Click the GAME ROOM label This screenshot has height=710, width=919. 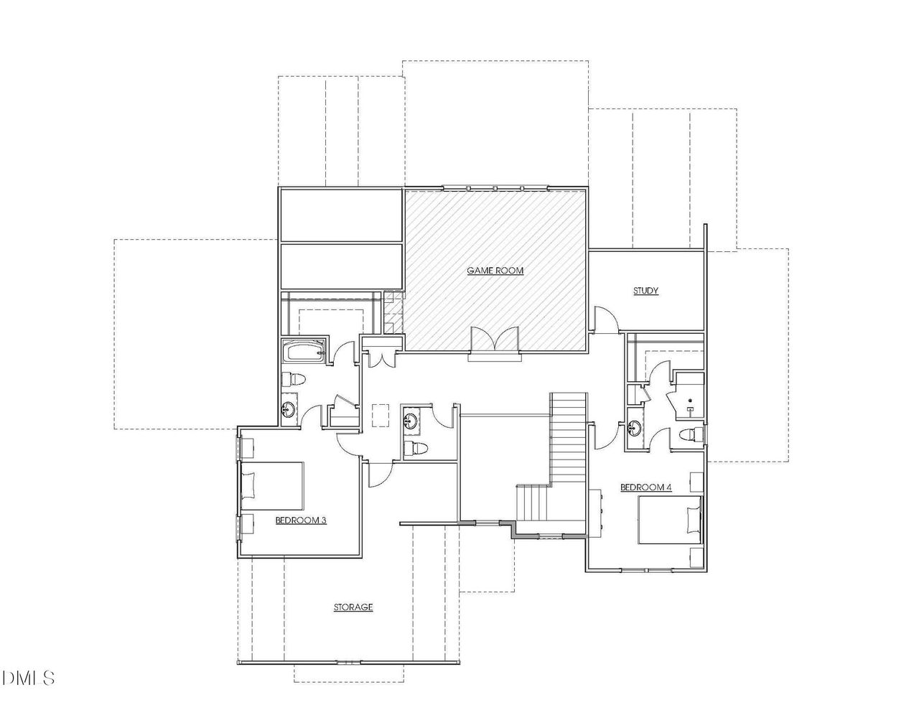tap(495, 271)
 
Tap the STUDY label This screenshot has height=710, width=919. tap(645, 291)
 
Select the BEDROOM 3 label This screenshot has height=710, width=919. tap(301, 520)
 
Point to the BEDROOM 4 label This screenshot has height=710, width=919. tap(645, 487)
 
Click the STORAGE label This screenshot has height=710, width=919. tap(353, 607)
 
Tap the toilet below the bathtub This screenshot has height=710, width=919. tap(295, 379)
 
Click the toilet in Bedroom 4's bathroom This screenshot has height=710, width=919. tap(688, 434)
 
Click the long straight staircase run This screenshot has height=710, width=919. tap(569, 438)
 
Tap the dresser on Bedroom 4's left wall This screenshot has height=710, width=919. tap(597, 511)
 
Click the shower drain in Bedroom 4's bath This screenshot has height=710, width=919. tap(689, 401)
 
